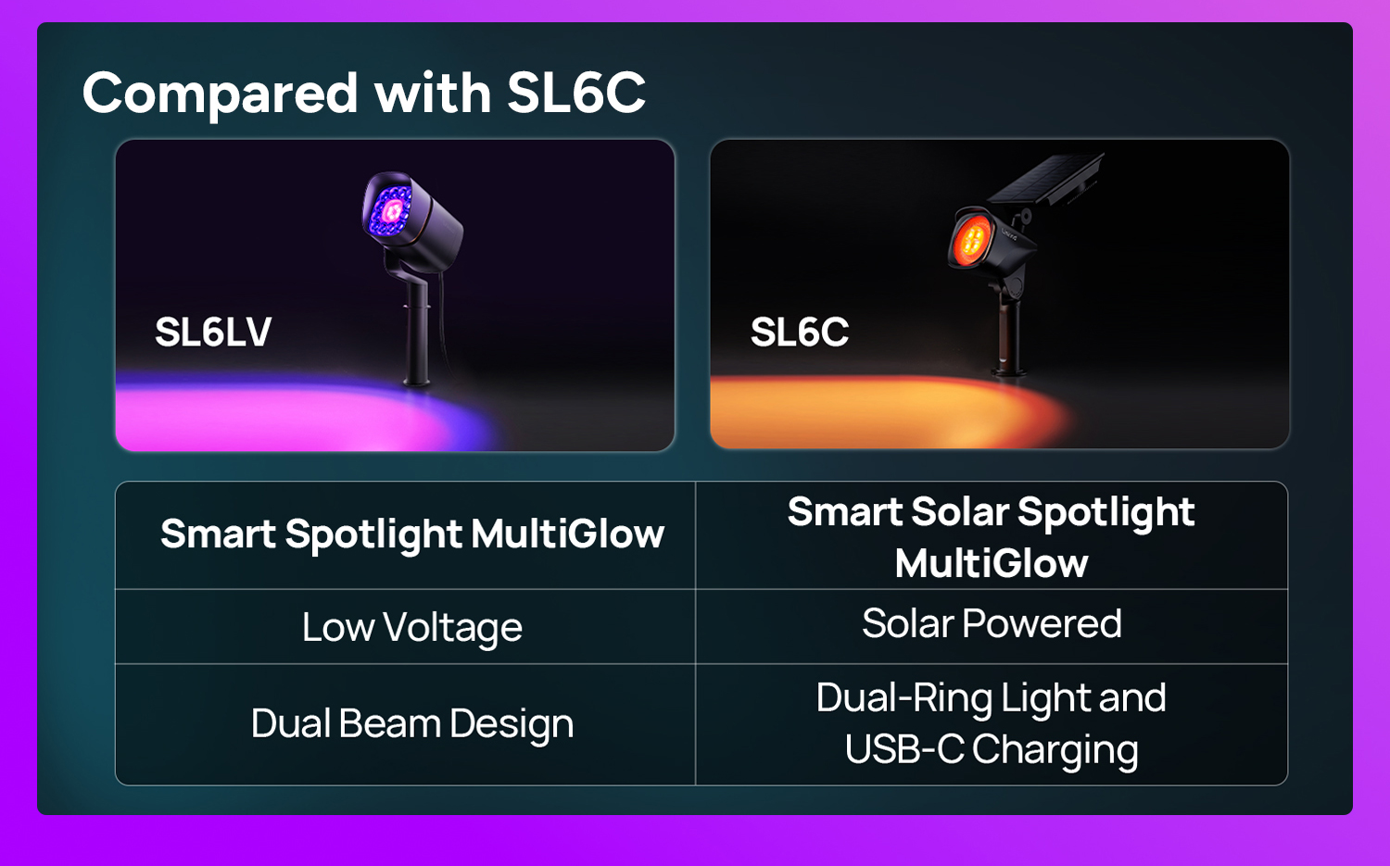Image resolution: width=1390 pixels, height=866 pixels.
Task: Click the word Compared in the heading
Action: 221,93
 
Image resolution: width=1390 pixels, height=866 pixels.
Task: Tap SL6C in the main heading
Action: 576,93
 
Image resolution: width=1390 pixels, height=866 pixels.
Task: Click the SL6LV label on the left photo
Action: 213,332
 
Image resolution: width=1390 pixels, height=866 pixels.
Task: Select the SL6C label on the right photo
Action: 799,332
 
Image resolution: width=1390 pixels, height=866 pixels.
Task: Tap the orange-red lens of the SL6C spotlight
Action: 973,239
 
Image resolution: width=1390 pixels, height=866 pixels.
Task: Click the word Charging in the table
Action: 1055,750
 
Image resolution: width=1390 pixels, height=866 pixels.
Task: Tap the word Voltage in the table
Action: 452,628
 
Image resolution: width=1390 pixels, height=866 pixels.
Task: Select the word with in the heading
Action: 433,93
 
